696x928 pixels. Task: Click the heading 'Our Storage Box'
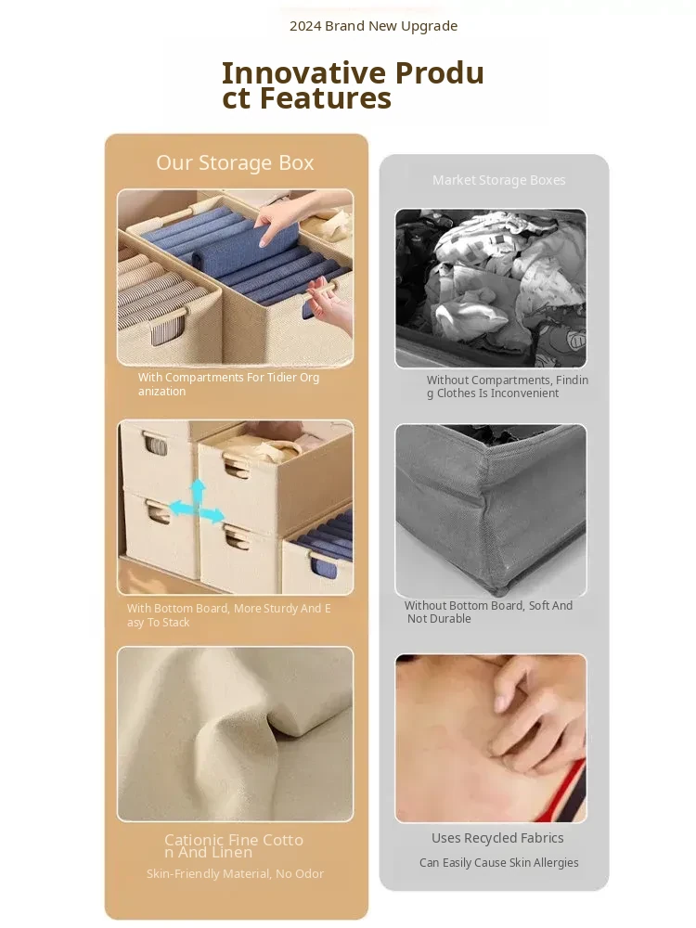[235, 162]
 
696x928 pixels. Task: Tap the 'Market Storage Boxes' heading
[499, 180]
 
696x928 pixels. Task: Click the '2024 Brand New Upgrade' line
[373, 26]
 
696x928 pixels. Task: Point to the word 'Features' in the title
[326, 98]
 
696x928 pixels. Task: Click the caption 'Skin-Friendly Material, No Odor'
[235, 873]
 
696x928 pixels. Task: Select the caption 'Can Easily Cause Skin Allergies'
[499, 863]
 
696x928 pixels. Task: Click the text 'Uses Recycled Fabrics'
[497, 838]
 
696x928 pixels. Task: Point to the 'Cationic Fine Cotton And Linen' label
[234, 845]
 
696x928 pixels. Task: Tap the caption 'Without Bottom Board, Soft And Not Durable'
[488, 612]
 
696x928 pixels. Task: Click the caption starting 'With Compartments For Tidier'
[228, 384]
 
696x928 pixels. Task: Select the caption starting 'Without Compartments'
[508, 386]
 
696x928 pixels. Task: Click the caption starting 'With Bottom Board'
[228, 615]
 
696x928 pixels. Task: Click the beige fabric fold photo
[235, 734]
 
